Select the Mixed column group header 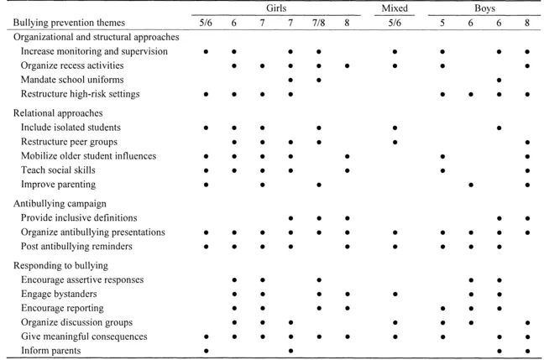(395, 8)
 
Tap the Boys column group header (484, 8)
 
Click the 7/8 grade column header (319, 23)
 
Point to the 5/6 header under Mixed (395, 23)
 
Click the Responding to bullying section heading (59, 264)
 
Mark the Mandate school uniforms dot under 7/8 (319, 80)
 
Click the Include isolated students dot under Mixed (395, 128)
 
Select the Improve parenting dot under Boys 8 (527, 185)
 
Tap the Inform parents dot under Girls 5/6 (206, 350)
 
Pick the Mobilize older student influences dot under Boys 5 (442, 156)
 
